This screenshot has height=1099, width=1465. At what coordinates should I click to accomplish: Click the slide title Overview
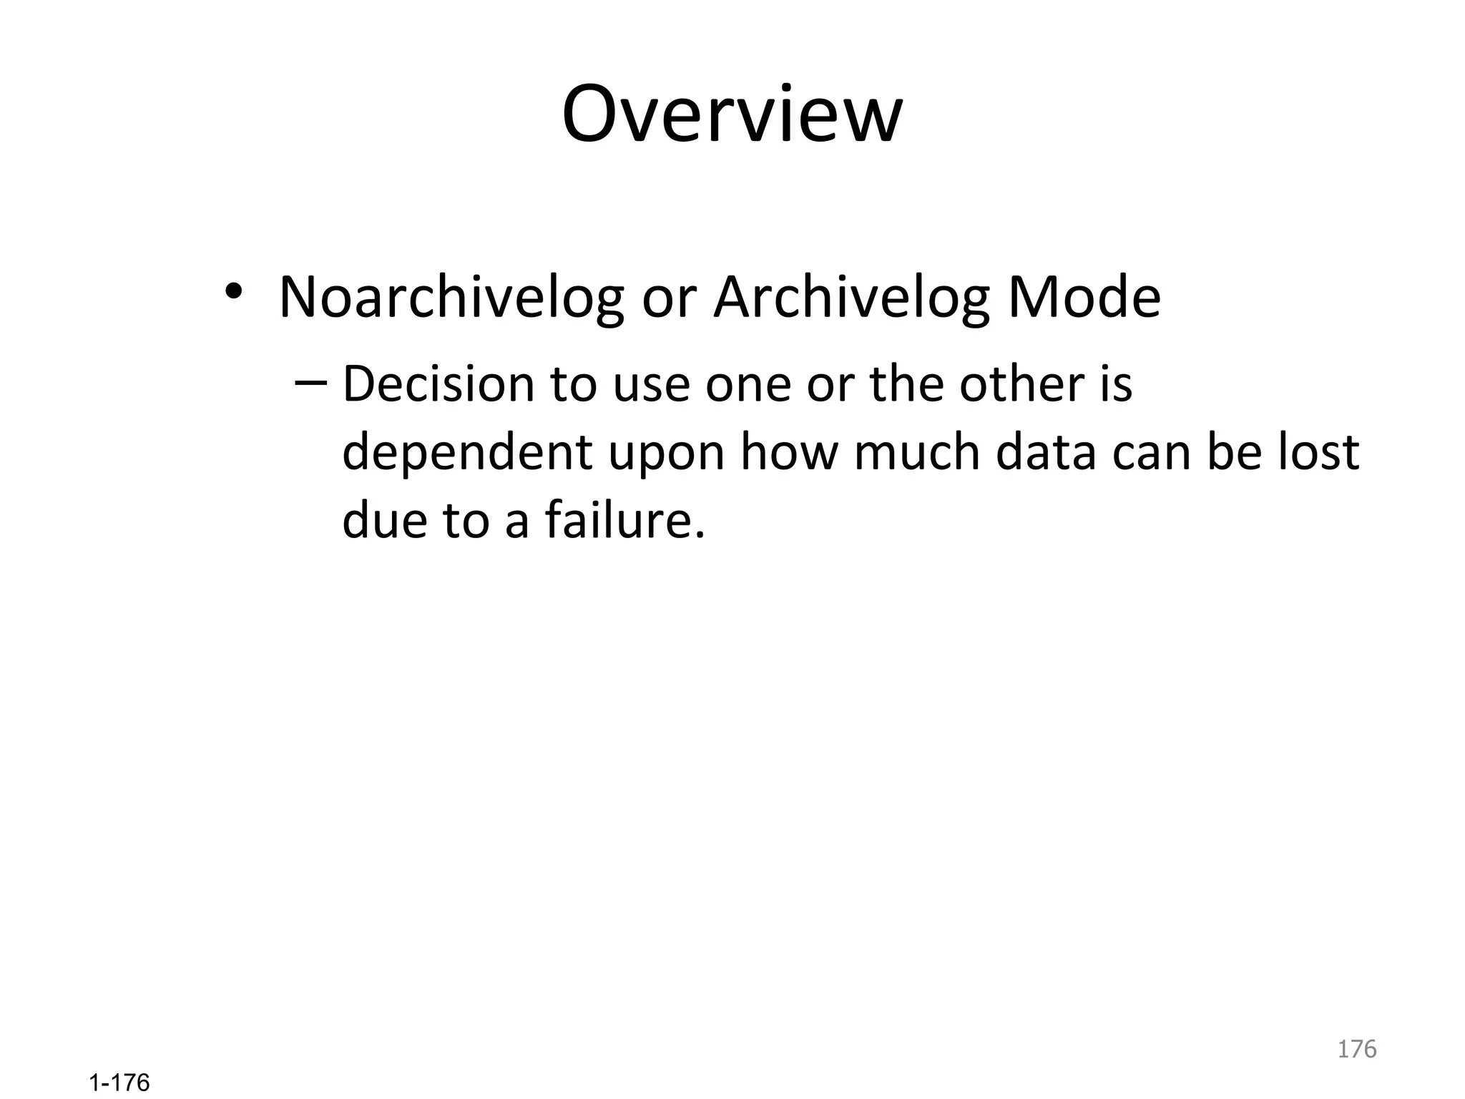pyautogui.click(x=732, y=114)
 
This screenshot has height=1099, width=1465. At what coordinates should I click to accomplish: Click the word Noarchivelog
pyautogui.click(x=451, y=297)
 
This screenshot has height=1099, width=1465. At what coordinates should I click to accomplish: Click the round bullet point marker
pyautogui.click(x=234, y=292)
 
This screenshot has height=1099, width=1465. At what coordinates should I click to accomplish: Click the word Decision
pyautogui.click(x=438, y=384)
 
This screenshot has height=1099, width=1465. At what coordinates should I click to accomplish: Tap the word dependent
pyautogui.click(x=467, y=453)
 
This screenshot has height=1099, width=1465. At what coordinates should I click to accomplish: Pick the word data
pyautogui.click(x=1046, y=453)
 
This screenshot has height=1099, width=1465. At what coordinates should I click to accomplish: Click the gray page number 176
pyautogui.click(x=1356, y=1049)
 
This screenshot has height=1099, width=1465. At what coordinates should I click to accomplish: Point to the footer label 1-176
pyautogui.click(x=119, y=1083)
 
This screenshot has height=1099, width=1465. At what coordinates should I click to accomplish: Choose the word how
pyautogui.click(x=788, y=453)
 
